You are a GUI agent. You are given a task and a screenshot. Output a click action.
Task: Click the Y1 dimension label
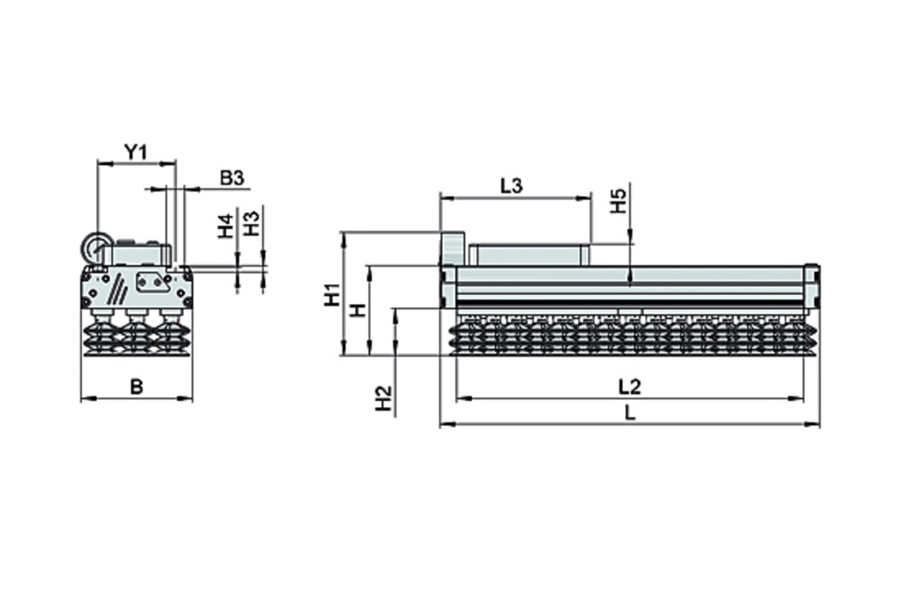point(135,152)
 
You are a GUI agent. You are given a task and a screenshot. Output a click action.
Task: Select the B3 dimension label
point(231,177)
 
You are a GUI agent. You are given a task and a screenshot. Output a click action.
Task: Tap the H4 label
point(226,226)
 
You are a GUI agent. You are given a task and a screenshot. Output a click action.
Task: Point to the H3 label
point(252,223)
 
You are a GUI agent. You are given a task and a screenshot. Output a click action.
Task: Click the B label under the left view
point(136,386)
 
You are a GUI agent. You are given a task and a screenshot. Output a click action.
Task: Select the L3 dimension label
point(511,185)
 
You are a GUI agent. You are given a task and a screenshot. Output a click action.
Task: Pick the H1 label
point(331,294)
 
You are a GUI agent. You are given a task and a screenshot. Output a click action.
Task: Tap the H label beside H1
point(357,310)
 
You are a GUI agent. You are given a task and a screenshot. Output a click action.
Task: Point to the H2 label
point(383,398)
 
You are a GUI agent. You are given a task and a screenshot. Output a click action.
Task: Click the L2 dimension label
point(630,386)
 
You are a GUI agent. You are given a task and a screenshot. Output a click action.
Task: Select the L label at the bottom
point(630,413)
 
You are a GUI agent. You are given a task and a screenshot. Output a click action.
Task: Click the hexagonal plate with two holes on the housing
point(152,283)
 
